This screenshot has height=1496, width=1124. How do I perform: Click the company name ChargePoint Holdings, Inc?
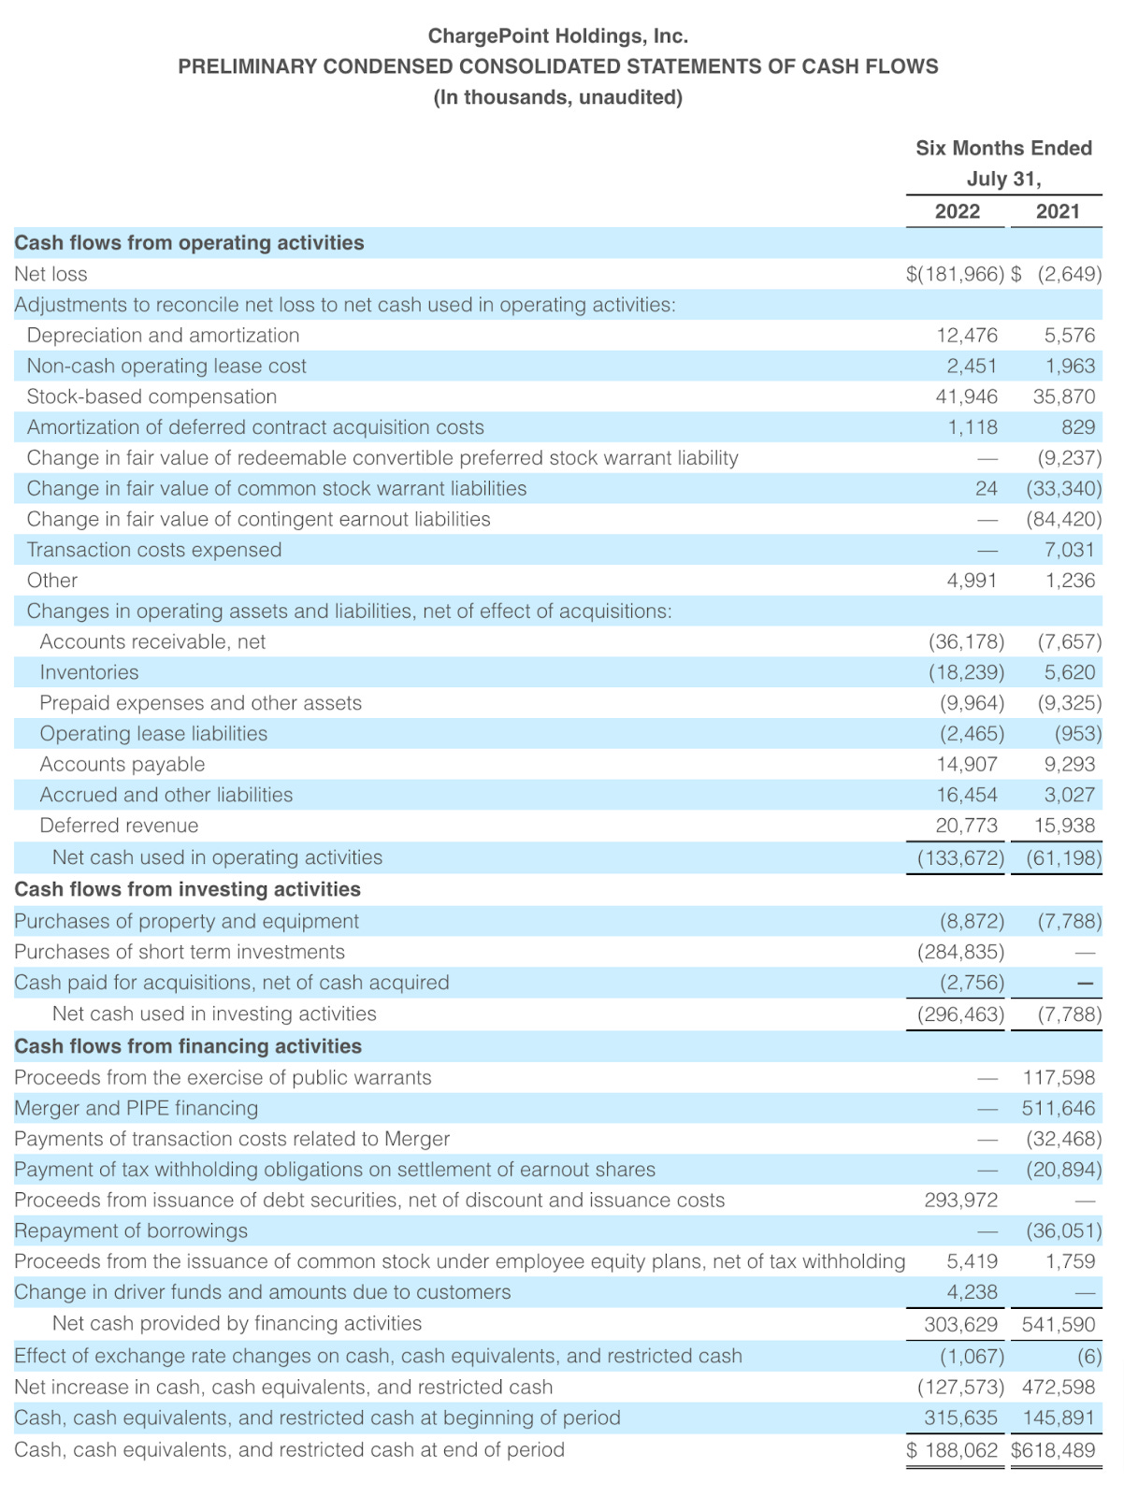point(557,36)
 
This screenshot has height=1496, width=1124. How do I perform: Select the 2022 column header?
point(957,211)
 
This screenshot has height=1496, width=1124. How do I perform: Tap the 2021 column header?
point(1058,211)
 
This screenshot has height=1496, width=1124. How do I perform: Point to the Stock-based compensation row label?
point(151,396)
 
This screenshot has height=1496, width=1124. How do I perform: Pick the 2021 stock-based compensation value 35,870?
point(1063,396)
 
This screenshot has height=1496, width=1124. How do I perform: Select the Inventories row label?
point(89,672)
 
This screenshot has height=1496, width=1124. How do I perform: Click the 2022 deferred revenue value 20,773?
point(966,826)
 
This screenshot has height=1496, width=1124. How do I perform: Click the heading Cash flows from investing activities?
point(187,889)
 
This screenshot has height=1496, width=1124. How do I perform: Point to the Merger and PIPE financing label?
point(136,1108)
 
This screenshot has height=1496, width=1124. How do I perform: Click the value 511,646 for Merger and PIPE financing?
point(1058,1108)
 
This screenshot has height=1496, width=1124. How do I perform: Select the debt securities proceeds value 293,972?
point(960,1200)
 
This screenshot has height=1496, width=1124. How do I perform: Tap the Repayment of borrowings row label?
point(131,1230)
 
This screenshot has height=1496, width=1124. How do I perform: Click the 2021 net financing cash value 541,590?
point(1058,1324)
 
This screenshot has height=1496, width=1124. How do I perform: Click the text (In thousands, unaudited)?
point(557,97)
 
